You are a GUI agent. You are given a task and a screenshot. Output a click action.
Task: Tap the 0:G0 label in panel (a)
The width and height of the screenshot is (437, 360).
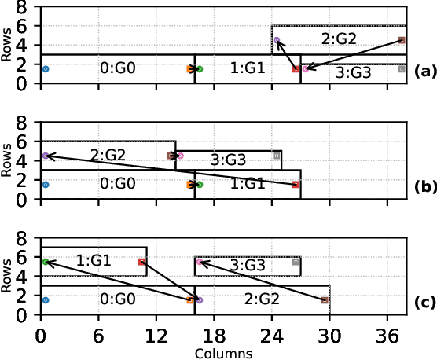point(118,68)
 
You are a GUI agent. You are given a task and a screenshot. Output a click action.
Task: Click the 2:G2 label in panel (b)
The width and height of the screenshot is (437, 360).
point(108,155)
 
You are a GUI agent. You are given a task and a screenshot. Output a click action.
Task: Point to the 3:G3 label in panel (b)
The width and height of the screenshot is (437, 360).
point(229,161)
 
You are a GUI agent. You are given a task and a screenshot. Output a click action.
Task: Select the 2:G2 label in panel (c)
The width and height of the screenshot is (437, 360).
point(262,299)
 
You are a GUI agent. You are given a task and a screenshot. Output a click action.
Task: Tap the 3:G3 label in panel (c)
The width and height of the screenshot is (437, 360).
point(248,266)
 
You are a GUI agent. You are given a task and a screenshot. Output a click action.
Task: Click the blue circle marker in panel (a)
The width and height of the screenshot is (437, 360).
point(45,69)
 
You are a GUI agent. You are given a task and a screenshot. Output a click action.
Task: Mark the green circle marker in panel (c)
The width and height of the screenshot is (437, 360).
point(45,262)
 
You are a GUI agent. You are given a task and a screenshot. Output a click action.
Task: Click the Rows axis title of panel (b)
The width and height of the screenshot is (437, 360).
point(9,160)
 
